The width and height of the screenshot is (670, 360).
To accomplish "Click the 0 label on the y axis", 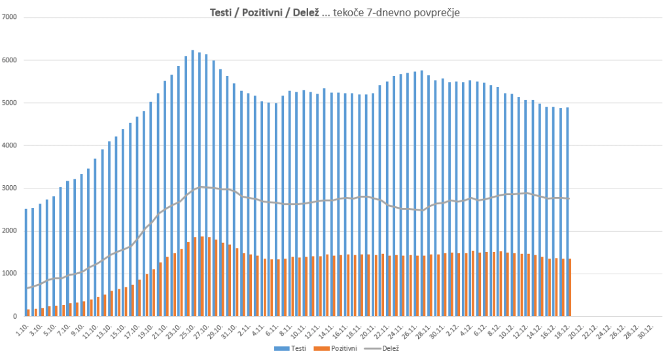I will click(x=15, y=317).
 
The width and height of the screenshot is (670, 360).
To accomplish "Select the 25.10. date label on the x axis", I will click(x=189, y=329).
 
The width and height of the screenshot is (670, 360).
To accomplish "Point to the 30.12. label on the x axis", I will click(x=646, y=329).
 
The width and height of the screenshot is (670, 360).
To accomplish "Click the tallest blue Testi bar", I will click(x=192, y=183).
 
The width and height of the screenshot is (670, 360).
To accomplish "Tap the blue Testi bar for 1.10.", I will click(x=26, y=262).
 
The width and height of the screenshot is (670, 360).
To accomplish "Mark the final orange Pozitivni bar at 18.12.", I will click(x=570, y=288).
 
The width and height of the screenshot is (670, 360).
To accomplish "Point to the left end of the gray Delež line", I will click(x=27, y=288).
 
